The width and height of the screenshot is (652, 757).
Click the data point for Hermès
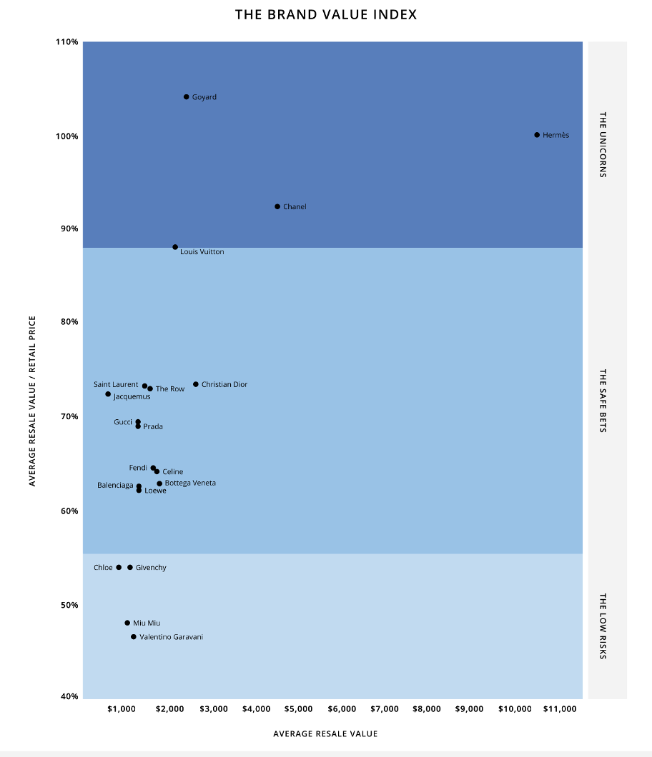pyautogui.click(x=537, y=135)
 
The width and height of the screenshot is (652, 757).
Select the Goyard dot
pyautogui.click(x=187, y=97)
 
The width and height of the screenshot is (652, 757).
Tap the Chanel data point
pyautogui.click(x=277, y=206)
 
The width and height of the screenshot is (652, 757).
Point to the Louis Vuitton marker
pyautogui.click(x=175, y=247)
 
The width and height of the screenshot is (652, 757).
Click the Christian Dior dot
pyautogui.click(x=196, y=384)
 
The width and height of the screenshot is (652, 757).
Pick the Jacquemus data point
pyautogui.click(x=108, y=394)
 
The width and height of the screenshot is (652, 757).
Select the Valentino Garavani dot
pyautogui.click(x=134, y=637)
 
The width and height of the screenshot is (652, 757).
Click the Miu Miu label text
pyautogui.click(x=147, y=623)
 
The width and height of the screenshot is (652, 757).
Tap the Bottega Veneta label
pyautogui.click(x=190, y=483)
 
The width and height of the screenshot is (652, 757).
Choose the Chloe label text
pyautogui.click(x=103, y=568)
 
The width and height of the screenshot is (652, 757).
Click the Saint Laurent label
pyautogui.click(x=116, y=385)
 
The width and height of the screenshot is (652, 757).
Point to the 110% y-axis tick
pyautogui.click(x=66, y=42)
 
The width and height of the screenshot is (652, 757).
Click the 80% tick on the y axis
pyautogui.click(x=69, y=322)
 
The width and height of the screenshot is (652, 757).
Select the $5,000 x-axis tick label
pyautogui.click(x=298, y=709)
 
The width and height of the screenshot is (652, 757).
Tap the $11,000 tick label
pyautogui.click(x=559, y=709)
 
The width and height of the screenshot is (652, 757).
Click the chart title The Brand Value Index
pyautogui.click(x=326, y=14)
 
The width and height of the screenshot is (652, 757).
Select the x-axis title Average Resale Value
pyautogui.click(x=325, y=733)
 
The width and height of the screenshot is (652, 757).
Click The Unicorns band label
pyautogui.click(x=603, y=144)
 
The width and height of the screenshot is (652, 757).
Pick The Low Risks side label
pyautogui.click(x=603, y=626)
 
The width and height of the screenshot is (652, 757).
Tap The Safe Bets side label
pyautogui.click(x=603, y=401)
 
